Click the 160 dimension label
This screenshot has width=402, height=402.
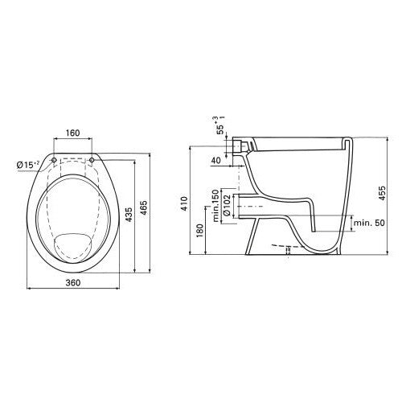(x=73, y=133)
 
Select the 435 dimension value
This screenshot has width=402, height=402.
(x=129, y=214)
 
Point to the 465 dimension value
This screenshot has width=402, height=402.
(x=144, y=207)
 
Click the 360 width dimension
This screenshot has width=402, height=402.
(x=73, y=282)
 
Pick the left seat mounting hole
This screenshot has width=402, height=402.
(x=54, y=160)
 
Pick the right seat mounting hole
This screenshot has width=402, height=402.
(x=92, y=160)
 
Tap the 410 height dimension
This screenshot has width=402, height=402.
(x=184, y=203)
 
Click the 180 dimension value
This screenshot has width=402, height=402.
(x=200, y=231)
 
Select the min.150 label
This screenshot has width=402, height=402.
(x=216, y=206)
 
